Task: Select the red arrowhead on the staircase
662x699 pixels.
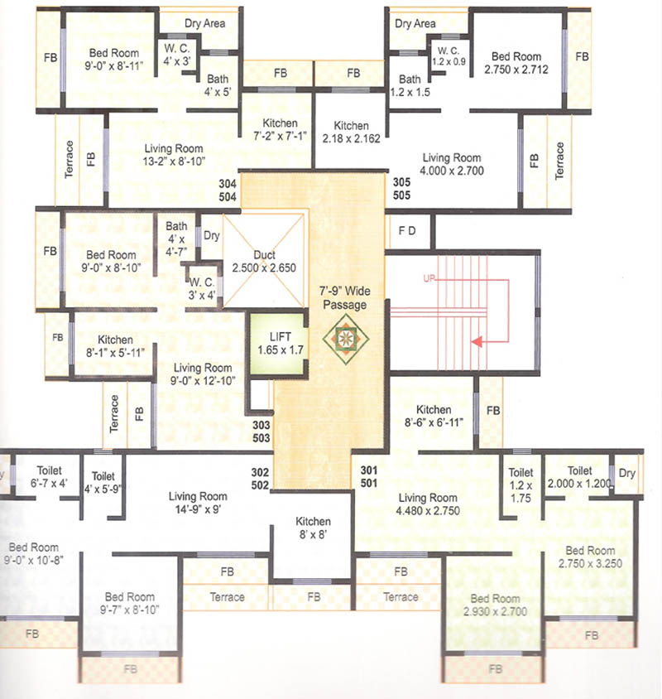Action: coord(474,339)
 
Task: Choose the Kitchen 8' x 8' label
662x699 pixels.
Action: coord(313,528)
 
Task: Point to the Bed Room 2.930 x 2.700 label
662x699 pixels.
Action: coord(495,605)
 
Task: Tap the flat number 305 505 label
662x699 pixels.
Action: coord(402,190)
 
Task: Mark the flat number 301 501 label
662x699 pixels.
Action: coord(369,475)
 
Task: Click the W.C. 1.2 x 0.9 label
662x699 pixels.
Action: coord(448,55)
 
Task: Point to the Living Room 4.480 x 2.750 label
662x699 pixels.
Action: coord(427,504)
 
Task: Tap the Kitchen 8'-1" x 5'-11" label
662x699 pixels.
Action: coord(115,346)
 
